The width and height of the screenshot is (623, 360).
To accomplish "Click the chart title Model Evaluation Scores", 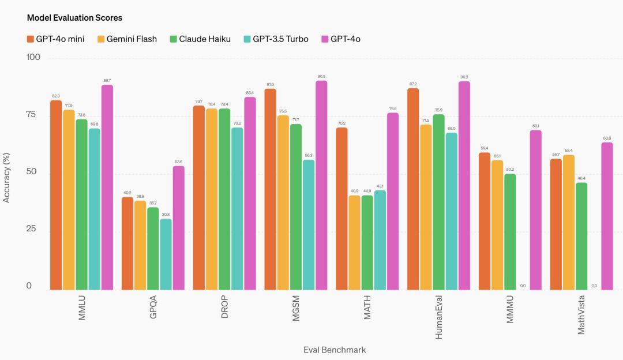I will (x=74, y=18).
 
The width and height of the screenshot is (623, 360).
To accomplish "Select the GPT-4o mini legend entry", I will (x=55, y=39).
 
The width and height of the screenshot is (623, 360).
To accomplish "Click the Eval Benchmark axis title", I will (x=335, y=350).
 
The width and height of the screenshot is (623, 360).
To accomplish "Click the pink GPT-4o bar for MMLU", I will (x=107, y=187).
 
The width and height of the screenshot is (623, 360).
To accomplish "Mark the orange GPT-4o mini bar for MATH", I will (x=342, y=208).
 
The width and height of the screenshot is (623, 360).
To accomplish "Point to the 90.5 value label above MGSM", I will (x=321, y=76).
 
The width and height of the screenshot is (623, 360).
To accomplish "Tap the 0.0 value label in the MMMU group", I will (x=523, y=286).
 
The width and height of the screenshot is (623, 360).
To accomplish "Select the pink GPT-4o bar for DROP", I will (x=250, y=193).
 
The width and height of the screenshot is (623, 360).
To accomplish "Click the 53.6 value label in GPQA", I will (x=179, y=162).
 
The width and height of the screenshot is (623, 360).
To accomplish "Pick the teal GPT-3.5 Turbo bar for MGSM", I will (x=309, y=224).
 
